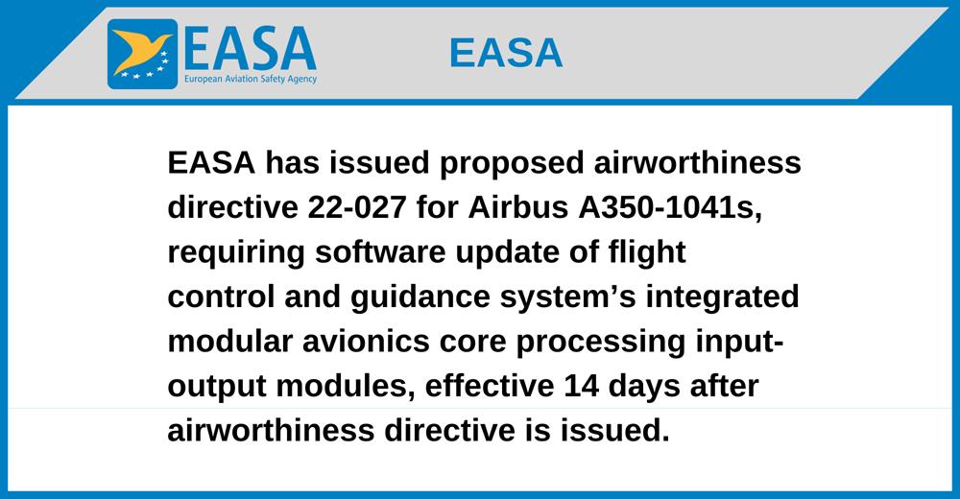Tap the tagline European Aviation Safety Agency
click(251, 79)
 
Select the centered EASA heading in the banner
click(506, 53)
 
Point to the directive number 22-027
click(357, 207)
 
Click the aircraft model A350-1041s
click(670, 208)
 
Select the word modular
click(230, 342)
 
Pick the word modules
click(346, 387)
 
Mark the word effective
click(490, 387)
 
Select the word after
click(724, 387)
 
